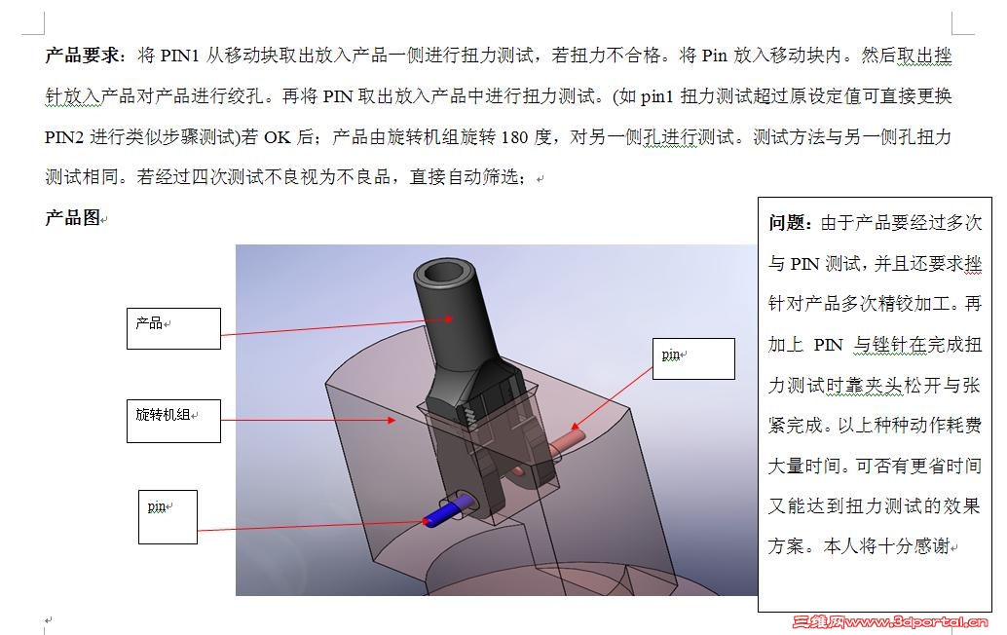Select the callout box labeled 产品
[x=173, y=329]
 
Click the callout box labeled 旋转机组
[x=173, y=421]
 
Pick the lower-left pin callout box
[x=168, y=517]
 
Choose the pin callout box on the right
[x=693, y=358]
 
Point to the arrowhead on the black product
[x=449, y=318]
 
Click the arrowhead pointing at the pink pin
[x=575, y=426]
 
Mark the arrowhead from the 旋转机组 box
[x=392, y=420]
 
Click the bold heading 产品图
[x=73, y=218]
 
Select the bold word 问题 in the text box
[x=787, y=223]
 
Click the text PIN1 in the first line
[x=179, y=56]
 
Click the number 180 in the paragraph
[x=514, y=137]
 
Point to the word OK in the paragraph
[x=278, y=137]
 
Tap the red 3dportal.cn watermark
[x=889, y=621]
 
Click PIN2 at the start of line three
[x=64, y=137]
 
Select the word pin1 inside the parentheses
[x=657, y=97]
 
